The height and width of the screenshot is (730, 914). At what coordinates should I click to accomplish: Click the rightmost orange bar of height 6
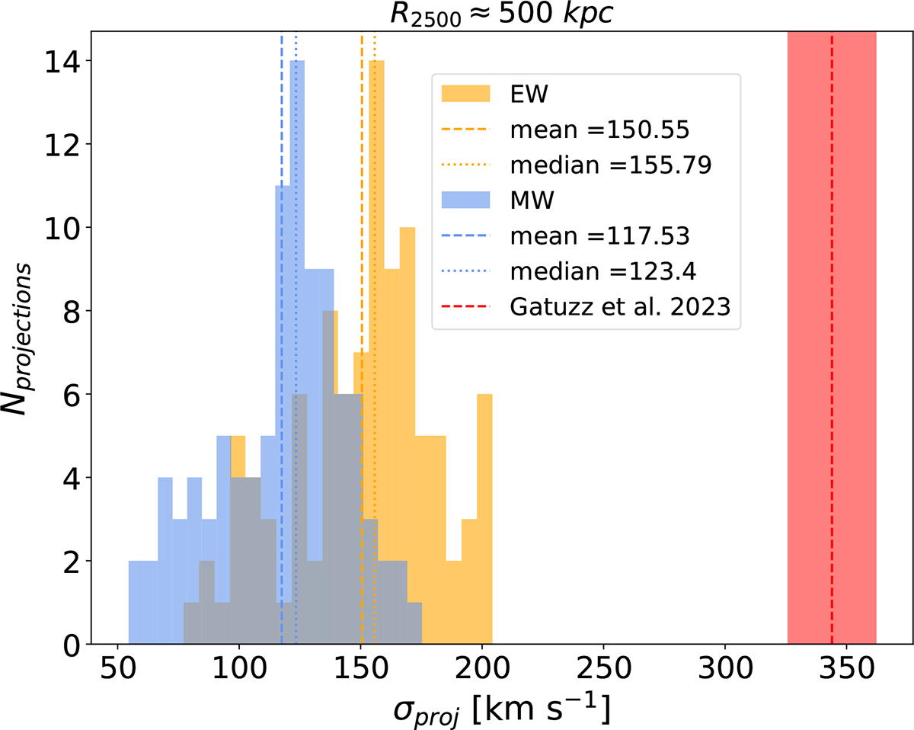(x=484, y=518)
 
